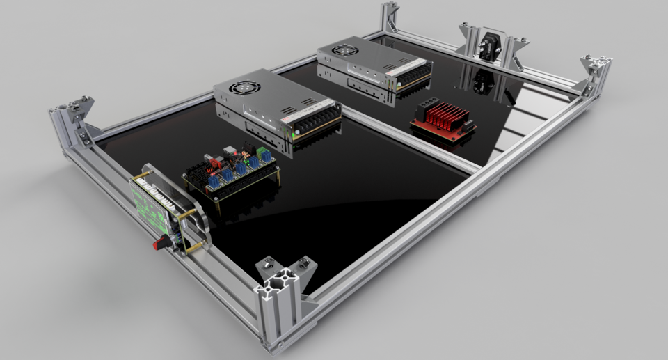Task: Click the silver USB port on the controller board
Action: [x=230, y=151]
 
